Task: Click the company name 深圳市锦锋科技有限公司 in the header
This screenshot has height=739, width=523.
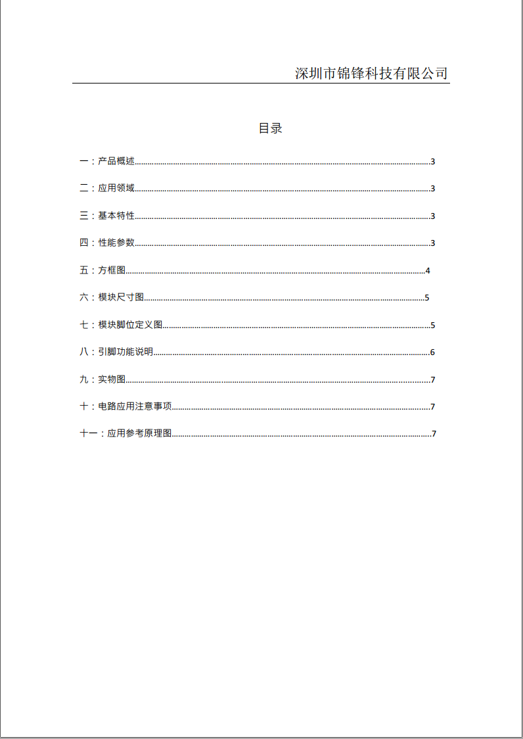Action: (x=371, y=73)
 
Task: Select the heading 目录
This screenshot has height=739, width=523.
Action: (x=270, y=128)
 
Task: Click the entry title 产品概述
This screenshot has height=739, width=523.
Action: (x=116, y=161)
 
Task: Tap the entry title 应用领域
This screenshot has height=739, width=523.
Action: (x=116, y=188)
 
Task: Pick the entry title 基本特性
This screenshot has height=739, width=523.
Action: (x=116, y=216)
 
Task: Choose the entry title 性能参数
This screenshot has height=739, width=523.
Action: (x=116, y=243)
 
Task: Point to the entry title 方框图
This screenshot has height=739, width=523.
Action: (x=112, y=270)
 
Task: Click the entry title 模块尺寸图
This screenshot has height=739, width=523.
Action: (x=121, y=297)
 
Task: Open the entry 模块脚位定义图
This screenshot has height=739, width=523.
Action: (x=130, y=325)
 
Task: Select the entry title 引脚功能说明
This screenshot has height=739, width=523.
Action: (x=125, y=352)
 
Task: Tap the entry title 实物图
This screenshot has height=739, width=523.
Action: (x=112, y=379)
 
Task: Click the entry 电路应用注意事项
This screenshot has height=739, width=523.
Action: (x=135, y=406)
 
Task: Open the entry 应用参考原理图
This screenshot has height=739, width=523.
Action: (x=139, y=434)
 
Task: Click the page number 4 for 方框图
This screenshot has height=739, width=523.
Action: (x=428, y=271)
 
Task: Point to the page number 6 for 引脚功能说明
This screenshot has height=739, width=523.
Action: (x=432, y=352)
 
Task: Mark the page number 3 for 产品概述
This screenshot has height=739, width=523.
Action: (x=433, y=162)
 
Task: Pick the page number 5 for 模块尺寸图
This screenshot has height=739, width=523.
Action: (x=427, y=298)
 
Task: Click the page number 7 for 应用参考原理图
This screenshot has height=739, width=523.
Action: (x=434, y=434)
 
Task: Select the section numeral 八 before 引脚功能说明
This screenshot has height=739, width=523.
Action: (x=83, y=352)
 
